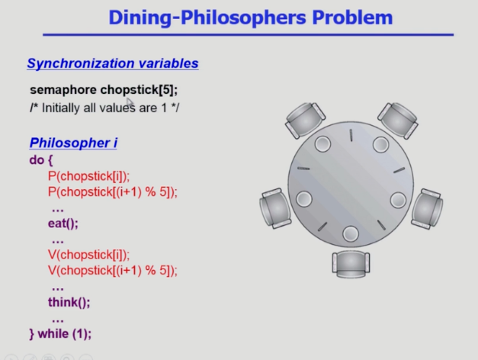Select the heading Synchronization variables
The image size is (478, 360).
click(x=113, y=63)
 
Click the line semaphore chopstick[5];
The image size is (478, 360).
click(x=104, y=90)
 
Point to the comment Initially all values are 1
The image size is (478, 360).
click(x=104, y=108)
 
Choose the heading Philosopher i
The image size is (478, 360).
click(x=73, y=143)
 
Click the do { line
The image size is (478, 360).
click(x=41, y=160)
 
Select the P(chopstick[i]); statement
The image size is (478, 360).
click(x=88, y=176)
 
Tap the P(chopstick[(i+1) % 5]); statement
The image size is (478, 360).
click(x=113, y=192)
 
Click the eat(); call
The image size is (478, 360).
click(x=63, y=223)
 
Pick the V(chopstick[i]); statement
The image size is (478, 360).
click(x=88, y=255)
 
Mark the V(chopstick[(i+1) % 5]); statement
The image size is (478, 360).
click(x=113, y=271)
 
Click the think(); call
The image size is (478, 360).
click(x=69, y=302)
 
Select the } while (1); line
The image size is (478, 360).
click(x=60, y=334)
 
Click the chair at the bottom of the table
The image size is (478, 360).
click(x=351, y=264)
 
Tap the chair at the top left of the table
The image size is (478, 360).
click(x=305, y=120)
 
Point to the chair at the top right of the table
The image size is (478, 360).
click(x=398, y=120)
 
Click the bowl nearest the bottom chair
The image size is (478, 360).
click(x=351, y=234)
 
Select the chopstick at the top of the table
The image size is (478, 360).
click(x=351, y=135)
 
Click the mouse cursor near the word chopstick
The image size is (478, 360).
click(x=130, y=102)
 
